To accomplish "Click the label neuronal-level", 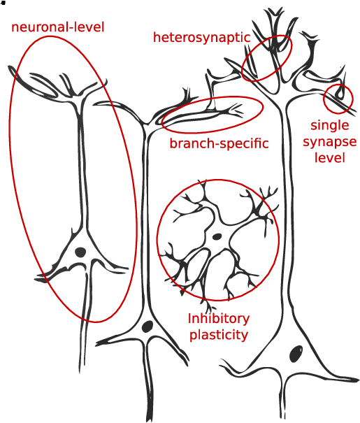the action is [58, 27].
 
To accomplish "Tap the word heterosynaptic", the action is [202, 38].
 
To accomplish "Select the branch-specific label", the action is [219, 143].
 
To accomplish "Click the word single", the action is [329, 126].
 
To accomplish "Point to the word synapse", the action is [329, 142].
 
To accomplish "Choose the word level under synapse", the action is [329, 157].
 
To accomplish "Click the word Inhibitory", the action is [219, 319].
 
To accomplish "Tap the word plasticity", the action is [219, 336].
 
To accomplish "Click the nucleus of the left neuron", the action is [80, 252].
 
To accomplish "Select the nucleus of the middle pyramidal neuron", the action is [147, 327].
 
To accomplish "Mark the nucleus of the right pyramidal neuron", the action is [296, 354].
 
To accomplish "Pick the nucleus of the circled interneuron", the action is [217, 237].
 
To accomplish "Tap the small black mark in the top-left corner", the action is [3, 3].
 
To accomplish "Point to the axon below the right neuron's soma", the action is [282, 399].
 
